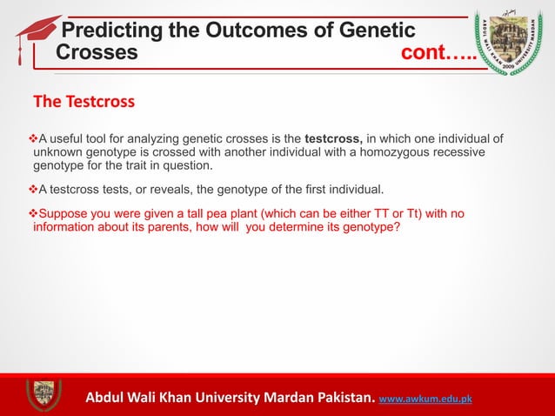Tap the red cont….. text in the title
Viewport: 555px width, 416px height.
click(439, 52)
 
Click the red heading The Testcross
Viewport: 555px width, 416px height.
click(84, 102)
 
